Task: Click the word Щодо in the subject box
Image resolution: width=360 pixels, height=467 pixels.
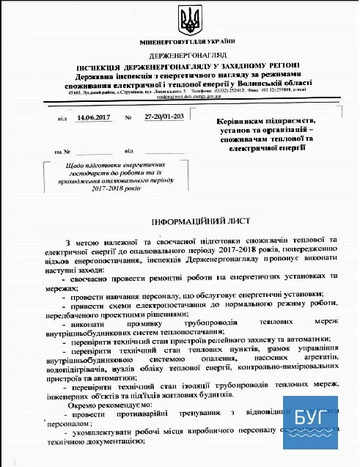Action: point(57,167)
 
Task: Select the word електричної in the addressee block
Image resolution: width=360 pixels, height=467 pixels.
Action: point(246,148)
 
